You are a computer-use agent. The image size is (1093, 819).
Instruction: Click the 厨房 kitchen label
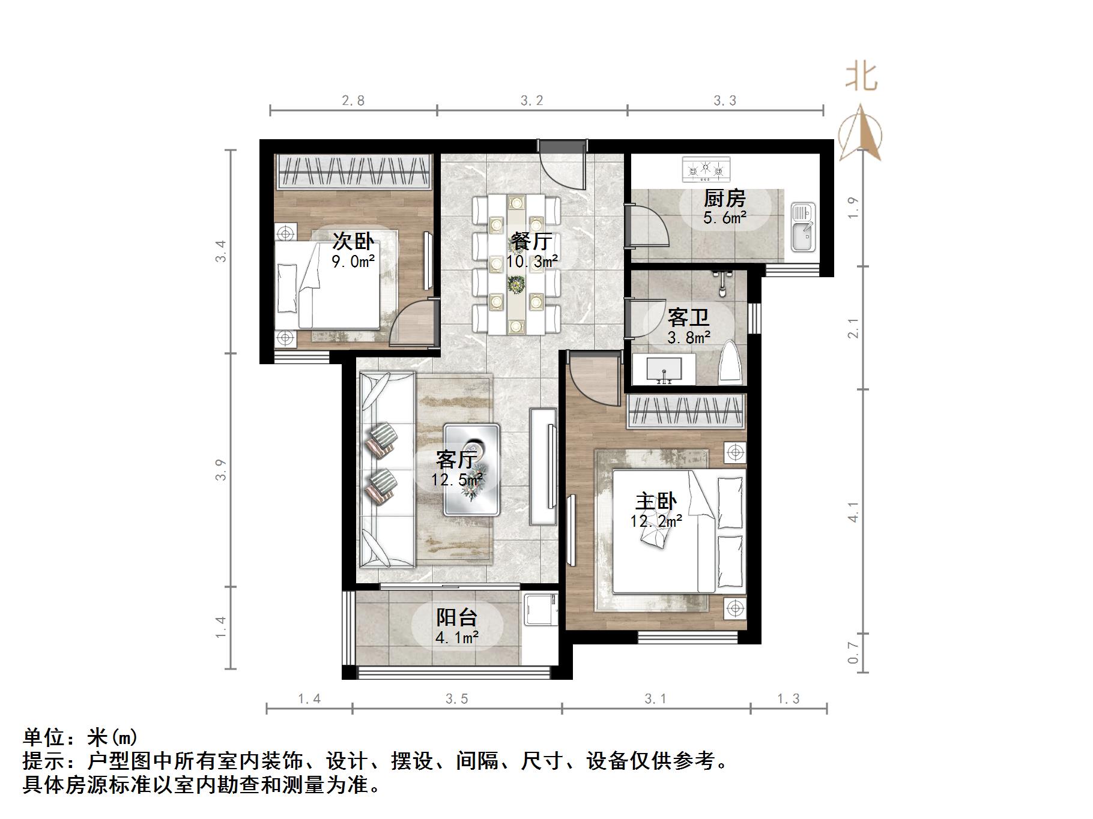[x=725, y=198]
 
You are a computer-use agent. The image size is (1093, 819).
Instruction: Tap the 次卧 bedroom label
[x=353, y=242]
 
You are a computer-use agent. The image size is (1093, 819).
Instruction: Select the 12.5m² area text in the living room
[x=457, y=479]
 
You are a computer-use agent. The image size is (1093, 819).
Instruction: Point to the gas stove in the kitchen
[x=706, y=169]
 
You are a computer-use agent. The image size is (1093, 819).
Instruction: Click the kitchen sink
[x=802, y=227]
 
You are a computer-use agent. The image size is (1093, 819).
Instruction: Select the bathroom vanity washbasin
[x=664, y=369]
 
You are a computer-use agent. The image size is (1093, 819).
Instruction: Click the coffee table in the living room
[x=471, y=470]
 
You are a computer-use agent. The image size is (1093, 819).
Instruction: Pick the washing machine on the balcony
[x=540, y=609]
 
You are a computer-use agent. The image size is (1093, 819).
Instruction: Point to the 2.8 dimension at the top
[x=353, y=101]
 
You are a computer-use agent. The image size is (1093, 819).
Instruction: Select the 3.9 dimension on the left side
[x=222, y=469]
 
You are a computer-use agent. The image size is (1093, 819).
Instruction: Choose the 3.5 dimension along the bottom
[x=456, y=699]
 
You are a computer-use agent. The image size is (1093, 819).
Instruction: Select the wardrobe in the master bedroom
[x=686, y=412]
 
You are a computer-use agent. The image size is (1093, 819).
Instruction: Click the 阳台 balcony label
[x=456, y=617]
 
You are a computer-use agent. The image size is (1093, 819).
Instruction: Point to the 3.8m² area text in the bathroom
[x=689, y=338]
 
